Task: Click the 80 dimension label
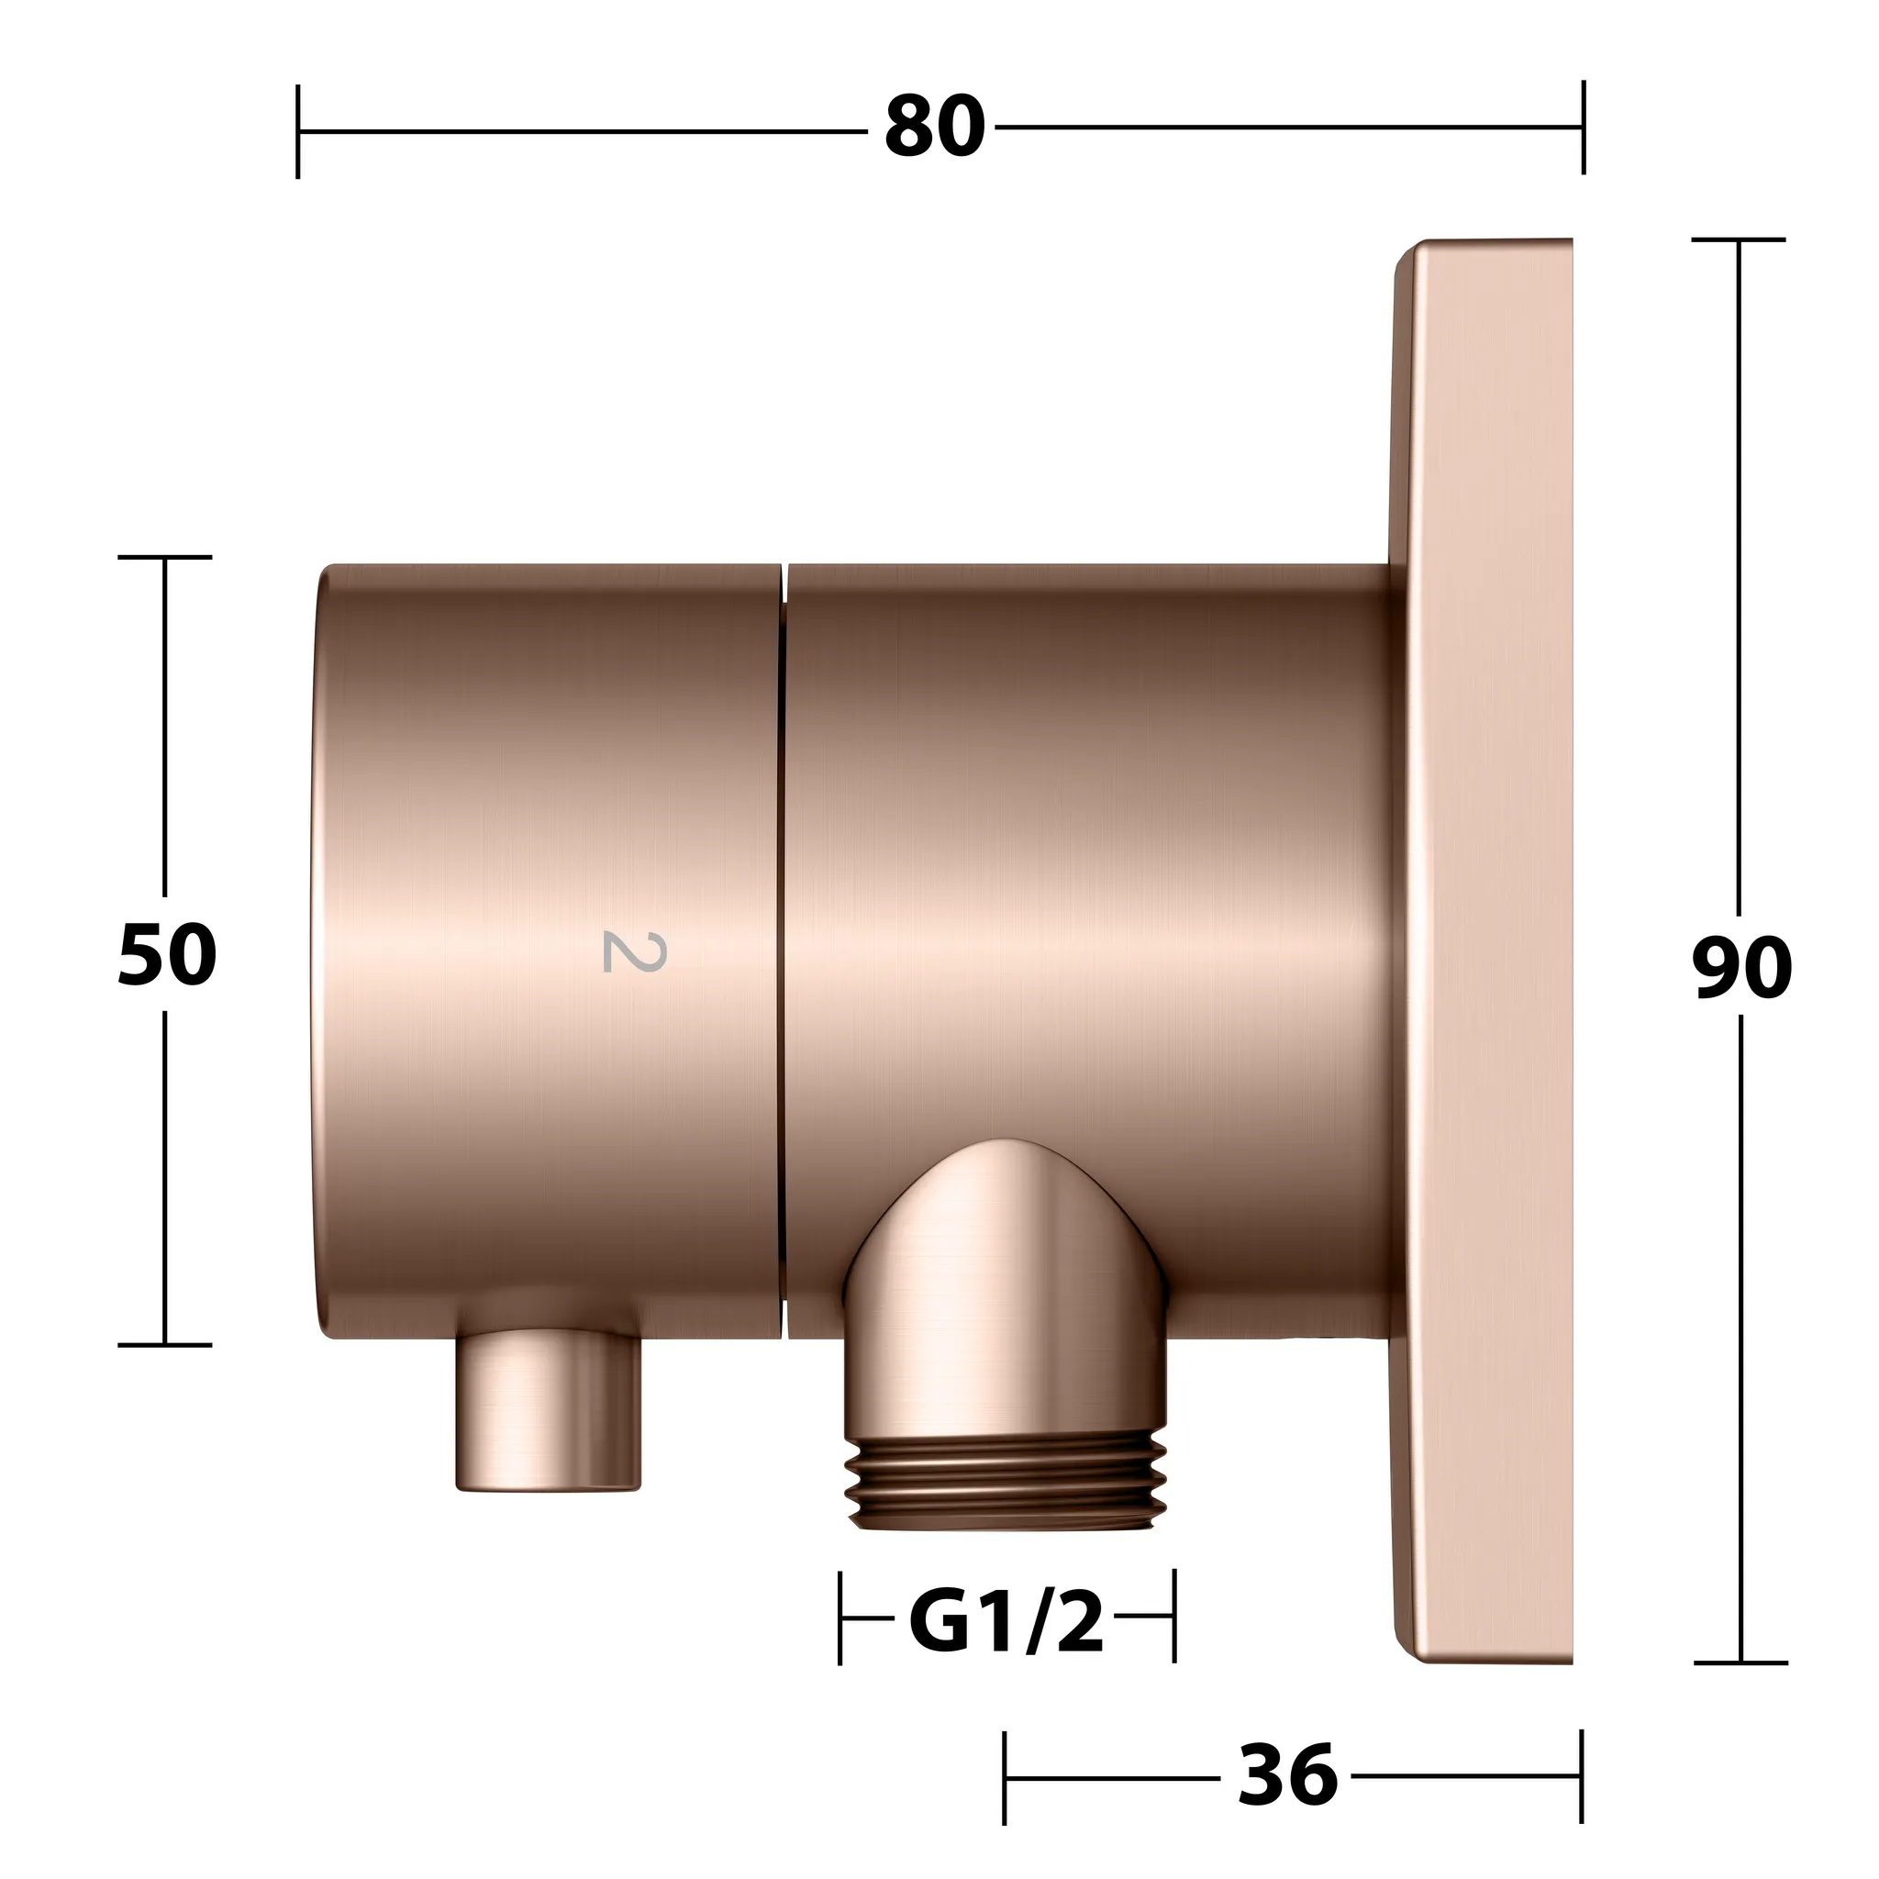(x=935, y=128)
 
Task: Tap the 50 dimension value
(x=167, y=955)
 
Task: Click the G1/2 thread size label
(x=1006, y=1620)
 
